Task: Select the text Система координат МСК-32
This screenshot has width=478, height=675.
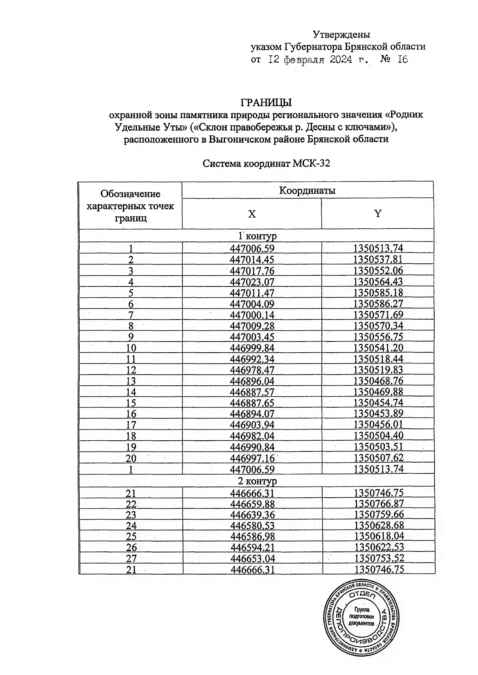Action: [x=266, y=164]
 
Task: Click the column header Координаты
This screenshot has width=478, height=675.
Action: [x=307, y=190]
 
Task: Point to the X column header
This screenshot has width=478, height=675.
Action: [x=252, y=214]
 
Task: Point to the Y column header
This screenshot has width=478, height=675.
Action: [x=378, y=214]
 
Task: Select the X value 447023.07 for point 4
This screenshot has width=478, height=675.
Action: [x=253, y=282]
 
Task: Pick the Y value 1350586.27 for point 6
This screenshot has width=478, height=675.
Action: [x=378, y=304]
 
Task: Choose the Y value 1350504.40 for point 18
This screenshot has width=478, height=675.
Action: [x=378, y=436]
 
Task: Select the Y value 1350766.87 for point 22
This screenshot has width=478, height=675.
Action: [x=378, y=504]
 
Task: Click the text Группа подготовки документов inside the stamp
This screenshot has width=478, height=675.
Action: [x=362, y=616]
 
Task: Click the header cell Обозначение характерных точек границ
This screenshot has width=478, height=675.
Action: [x=131, y=206]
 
